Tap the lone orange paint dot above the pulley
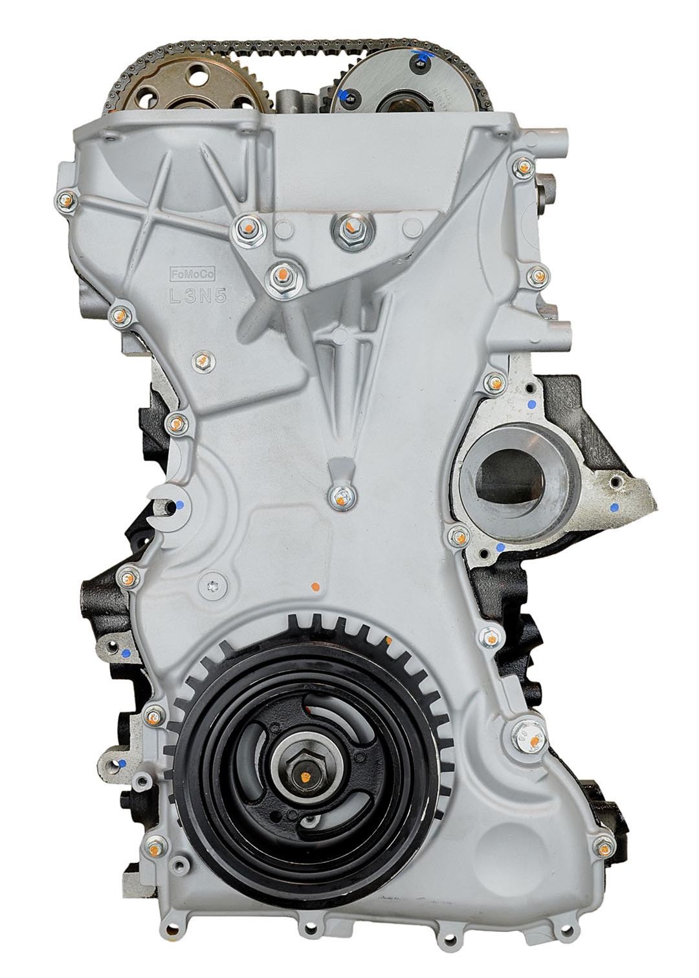coord(315,587)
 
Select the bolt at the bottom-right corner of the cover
coord(602,843)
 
